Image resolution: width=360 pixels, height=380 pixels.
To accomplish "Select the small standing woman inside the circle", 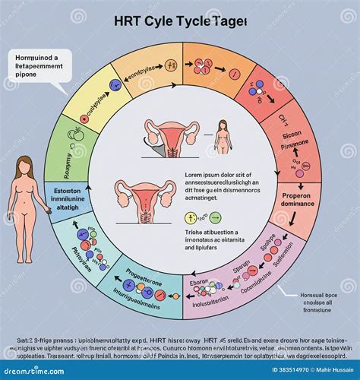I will [223, 136].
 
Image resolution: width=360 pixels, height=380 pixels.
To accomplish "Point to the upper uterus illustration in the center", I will [169, 134].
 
